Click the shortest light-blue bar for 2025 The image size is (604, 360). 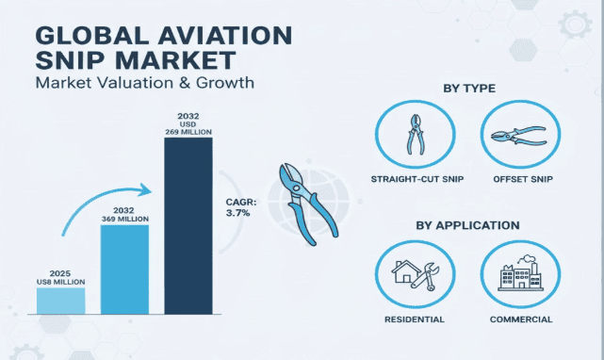point(61,301)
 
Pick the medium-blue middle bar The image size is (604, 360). point(124,269)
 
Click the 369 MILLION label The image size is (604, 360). point(124,218)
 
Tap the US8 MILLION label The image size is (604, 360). point(61,281)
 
